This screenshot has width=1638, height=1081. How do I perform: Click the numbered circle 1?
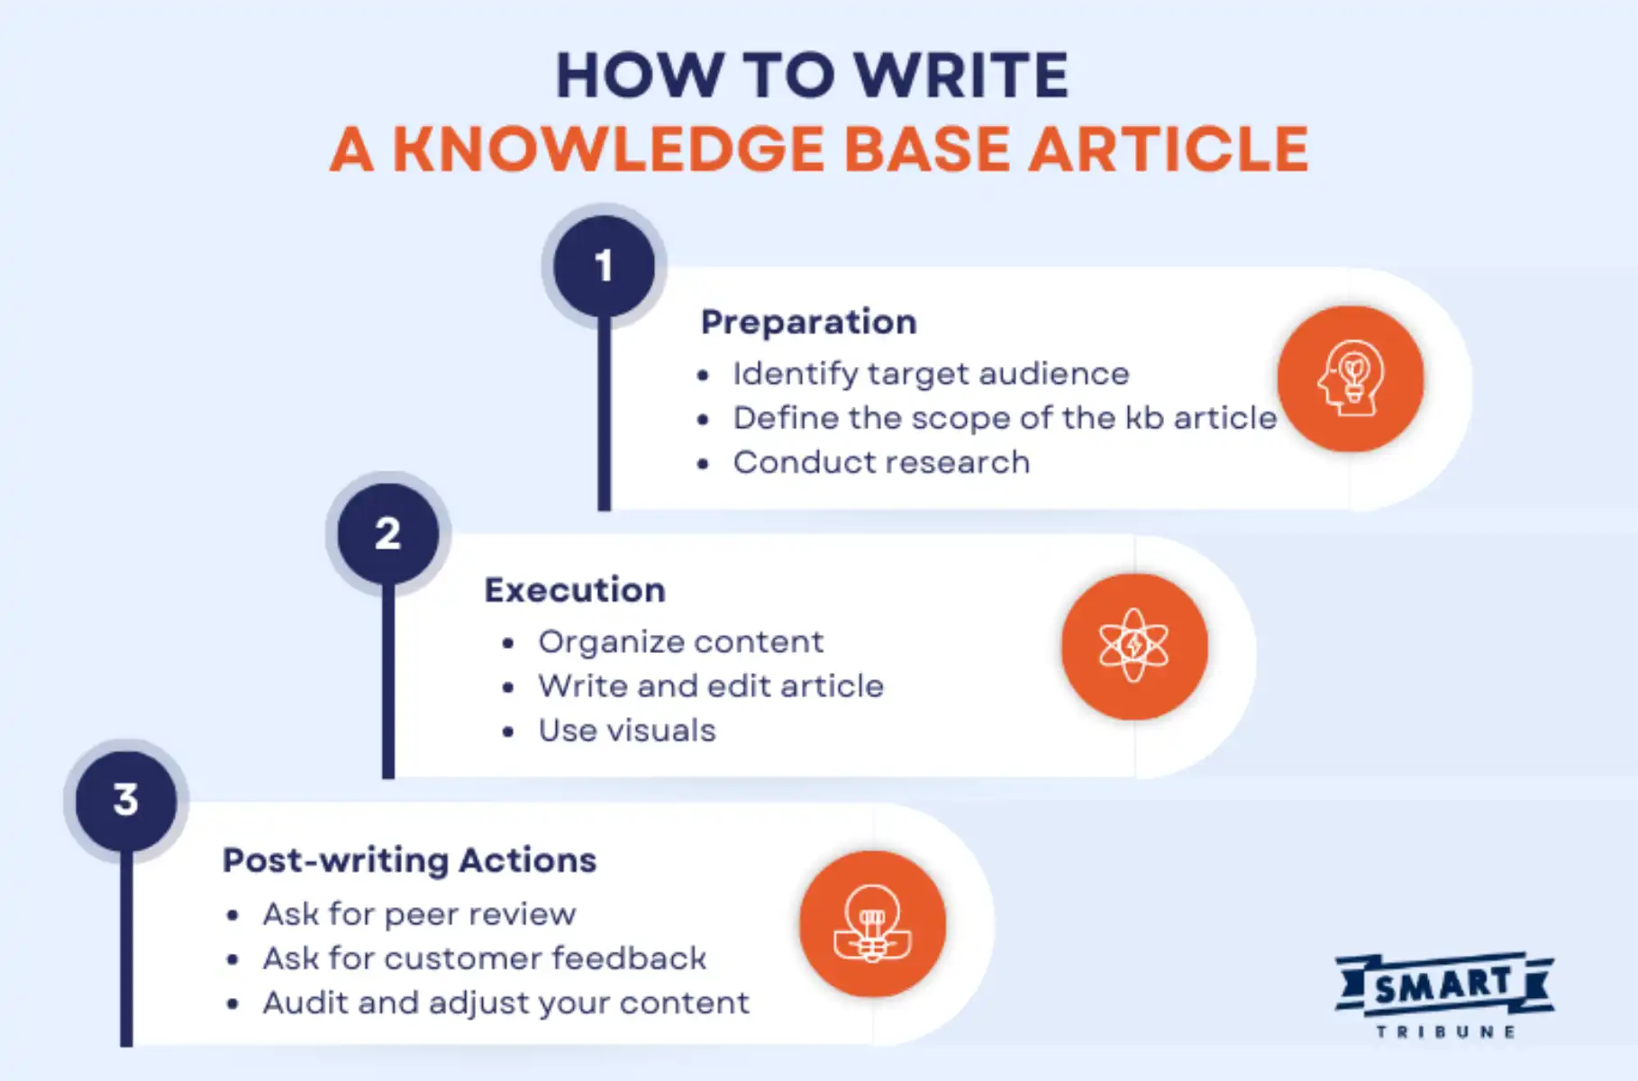604,267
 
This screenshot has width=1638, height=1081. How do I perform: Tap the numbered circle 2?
388,533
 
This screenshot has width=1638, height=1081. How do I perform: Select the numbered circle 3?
126,800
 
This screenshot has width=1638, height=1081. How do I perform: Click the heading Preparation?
808,322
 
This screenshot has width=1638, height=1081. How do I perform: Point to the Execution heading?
575,590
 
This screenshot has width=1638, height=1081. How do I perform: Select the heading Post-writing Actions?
409,860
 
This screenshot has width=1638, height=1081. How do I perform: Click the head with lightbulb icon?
1350,378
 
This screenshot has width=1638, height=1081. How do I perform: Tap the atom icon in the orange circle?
1133,646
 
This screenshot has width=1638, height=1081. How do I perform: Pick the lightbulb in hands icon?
871,924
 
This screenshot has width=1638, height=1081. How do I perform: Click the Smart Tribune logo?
1444,995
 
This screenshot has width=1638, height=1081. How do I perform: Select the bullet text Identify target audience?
930,374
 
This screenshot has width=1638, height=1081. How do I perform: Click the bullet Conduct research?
880,462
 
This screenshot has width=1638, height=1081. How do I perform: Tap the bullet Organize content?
680,641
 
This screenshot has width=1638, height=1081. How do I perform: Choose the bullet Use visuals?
626,731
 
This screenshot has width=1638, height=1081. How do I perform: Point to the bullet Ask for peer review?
419,914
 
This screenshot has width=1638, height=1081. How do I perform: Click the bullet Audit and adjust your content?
505,1003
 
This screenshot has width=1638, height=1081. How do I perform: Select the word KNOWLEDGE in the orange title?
608,149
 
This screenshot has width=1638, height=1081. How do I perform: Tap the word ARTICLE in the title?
1169,149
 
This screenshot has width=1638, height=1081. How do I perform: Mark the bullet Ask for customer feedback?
484,958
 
